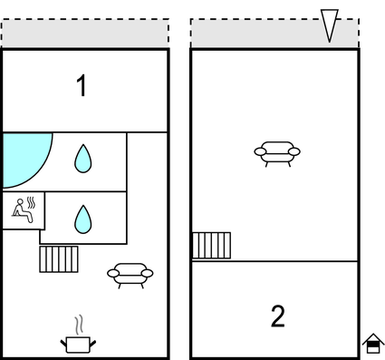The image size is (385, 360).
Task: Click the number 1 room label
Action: tap(82, 86)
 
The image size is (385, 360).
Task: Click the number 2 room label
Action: tap(278, 316)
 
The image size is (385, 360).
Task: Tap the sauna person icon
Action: tap(24, 210)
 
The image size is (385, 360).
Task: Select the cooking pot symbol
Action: tap(78, 344)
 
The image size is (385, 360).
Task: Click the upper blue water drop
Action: tap(83, 159)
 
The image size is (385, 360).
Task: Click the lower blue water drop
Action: tap(83, 219)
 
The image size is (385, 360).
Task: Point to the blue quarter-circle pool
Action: tap(24, 157)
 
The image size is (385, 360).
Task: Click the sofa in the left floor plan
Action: tap(130, 276)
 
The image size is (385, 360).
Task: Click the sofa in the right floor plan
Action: tap(277, 154)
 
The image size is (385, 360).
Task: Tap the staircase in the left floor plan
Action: tap(59, 259)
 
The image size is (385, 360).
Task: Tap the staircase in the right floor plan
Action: tap(212, 246)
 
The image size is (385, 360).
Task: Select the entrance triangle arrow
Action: tap(330, 25)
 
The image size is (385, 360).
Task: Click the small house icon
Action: tap(373, 344)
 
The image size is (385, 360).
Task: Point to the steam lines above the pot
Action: tap(79, 325)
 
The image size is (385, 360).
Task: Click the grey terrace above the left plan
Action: tap(85, 33)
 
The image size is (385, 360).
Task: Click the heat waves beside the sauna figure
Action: tap(31, 202)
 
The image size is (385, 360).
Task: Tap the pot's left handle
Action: tap(63, 343)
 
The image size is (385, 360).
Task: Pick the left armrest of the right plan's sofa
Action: tap(260, 151)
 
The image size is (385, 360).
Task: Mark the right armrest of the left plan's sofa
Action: tap(147, 273)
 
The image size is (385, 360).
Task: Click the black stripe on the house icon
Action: tap(373, 345)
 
